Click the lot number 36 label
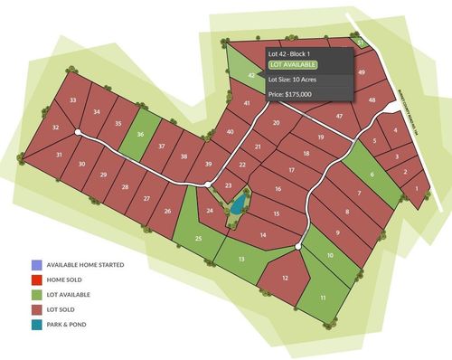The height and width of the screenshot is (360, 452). coord(140,135)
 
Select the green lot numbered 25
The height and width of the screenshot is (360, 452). coord(198,238)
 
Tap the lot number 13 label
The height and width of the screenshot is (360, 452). coord(241,259)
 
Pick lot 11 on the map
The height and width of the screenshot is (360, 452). coord(322,298)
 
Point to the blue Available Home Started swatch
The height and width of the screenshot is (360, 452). coord(35,265)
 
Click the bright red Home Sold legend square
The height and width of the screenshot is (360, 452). coord(35,280)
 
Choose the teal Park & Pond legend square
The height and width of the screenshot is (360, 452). coord(35,325)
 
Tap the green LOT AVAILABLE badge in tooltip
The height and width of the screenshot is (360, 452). coord(293,65)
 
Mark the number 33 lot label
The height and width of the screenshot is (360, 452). coord(72,99)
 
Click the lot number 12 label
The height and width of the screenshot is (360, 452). coord(287,278)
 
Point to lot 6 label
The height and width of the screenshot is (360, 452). coord(372,175)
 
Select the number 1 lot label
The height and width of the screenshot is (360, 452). coord(416,188)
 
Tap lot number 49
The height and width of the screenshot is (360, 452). coord(362,71)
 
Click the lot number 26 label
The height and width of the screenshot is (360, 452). coord(167,211)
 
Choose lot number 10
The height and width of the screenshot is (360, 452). coord(330,256)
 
